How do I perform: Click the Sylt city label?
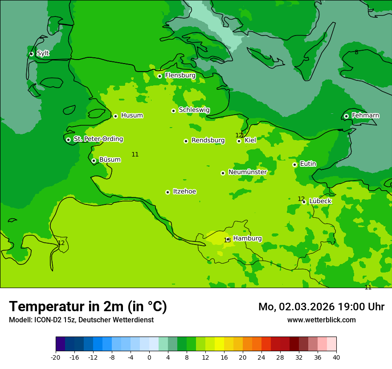[x=43, y=53]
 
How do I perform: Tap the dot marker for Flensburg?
[x=159, y=76]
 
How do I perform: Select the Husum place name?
[x=132, y=116]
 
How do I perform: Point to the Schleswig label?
[x=194, y=110]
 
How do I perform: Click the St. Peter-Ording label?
[x=98, y=139]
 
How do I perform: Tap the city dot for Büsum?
[x=94, y=160]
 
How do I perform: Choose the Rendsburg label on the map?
[x=208, y=140]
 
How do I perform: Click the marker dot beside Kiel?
[x=239, y=141]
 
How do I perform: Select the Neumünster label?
[x=247, y=172]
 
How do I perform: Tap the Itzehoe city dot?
[x=167, y=192]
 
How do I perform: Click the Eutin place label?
[x=308, y=164]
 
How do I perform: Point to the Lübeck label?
[x=320, y=201]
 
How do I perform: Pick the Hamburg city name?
[x=247, y=239]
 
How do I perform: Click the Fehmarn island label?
[x=365, y=116]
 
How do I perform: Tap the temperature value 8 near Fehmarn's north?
[x=356, y=52]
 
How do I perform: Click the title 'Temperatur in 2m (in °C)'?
[x=88, y=307]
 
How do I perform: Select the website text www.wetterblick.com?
[x=321, y=320]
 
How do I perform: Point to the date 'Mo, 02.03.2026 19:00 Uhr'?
[x=321, y=307]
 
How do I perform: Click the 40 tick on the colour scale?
[x=336, y=357]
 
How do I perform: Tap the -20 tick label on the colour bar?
[x=56, y=357]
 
